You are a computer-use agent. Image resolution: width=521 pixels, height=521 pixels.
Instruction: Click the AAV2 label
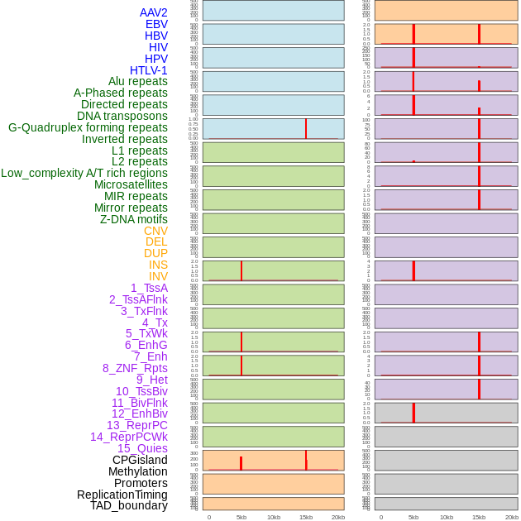click(153, 12)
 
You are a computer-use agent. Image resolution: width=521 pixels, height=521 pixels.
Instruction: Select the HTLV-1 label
click(148, 70)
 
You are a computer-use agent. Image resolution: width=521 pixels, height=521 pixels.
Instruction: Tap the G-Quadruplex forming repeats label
click(88, 127)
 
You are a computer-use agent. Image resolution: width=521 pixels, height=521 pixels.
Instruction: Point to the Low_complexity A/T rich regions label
click(84, 173)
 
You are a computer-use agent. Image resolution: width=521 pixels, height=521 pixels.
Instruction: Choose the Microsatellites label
click(131, 184)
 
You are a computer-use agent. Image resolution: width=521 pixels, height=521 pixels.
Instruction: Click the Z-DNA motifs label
click(134, 219)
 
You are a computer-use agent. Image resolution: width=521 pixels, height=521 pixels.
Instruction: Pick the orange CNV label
click(155, 231)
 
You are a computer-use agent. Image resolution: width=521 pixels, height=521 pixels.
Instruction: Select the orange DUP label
click(155, 253)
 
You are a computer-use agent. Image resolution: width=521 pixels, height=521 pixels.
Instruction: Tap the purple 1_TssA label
click(149, 288)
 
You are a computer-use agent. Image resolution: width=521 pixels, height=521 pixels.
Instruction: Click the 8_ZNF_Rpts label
click(135, 368)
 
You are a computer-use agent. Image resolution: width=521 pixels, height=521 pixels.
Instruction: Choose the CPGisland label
click(140, 460)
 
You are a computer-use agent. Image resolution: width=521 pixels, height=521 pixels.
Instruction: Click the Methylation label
click(137, 471)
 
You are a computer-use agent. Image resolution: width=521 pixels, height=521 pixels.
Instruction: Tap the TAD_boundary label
click(129, 505)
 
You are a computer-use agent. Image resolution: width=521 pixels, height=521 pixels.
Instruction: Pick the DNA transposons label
click(122, 116)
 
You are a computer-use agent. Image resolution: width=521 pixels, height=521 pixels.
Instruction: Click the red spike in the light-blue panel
click(306, 128)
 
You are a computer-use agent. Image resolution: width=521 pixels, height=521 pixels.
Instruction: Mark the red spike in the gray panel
click(413, 412)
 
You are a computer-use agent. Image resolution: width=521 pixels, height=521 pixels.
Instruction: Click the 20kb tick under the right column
click(512, 517)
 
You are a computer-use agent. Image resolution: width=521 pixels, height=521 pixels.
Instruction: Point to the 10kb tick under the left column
click(274, 517)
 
